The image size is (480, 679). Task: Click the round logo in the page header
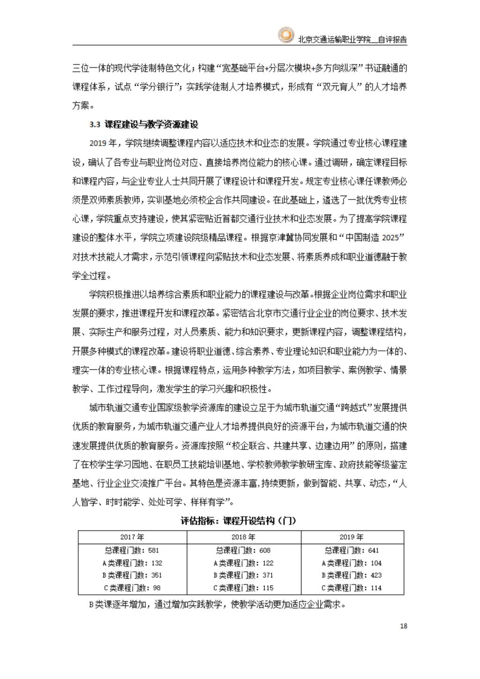[x=285, y=35]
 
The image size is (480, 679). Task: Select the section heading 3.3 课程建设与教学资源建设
[x=144, y=125]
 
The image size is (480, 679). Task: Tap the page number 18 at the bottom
[x=404, y=626]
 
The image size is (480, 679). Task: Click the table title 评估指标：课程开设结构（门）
[x=239, y=521]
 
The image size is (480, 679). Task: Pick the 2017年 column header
[x=132, y=537]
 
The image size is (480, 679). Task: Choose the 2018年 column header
[x=243, y=537]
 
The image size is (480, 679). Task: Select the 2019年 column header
[x=352, y=537]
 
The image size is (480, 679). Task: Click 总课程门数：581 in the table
[x=132, y=551]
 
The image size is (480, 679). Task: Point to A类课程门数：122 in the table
[x=243, y=563]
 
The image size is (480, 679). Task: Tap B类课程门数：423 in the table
[x=352, y=575]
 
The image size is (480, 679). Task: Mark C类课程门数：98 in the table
[x=132, y=588]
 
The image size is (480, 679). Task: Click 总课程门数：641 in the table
[x=352, y=551]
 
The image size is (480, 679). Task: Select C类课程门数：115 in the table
[x=243, y=588]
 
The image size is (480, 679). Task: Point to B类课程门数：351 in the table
[x=132, y=575]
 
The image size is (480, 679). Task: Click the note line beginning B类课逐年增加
[x=217, y=604]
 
